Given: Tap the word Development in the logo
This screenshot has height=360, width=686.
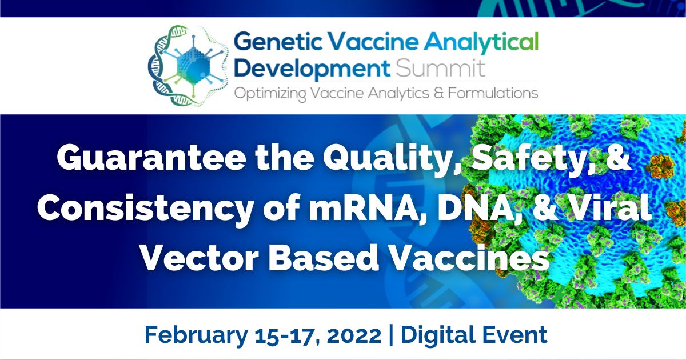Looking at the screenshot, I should point(312,69).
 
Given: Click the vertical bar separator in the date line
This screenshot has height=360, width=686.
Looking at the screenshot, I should point(390,334).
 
